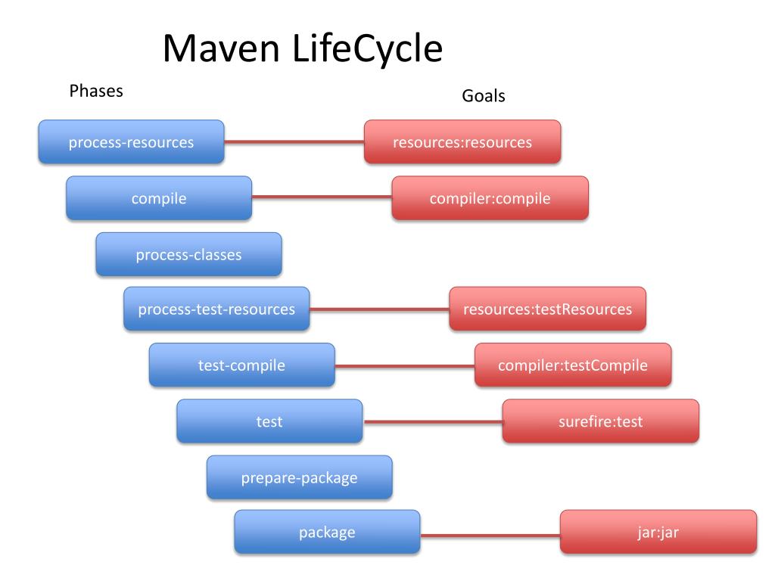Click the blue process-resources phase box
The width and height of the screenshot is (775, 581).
(131, 142)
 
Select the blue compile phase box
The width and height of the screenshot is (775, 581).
(159, 198)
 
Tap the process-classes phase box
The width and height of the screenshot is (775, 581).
(188, 254)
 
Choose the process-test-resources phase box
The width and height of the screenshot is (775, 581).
(216, 309)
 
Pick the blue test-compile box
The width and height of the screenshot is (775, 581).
(241, 365)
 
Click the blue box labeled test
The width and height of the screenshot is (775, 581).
(269, 421)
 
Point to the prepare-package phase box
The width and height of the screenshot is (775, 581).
(299, 477)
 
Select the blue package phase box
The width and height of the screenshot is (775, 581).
(327, 533)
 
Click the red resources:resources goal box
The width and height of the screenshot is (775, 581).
(462, 142)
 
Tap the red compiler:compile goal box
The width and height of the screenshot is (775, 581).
(490, 198)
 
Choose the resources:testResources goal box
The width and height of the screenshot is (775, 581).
(547, 309)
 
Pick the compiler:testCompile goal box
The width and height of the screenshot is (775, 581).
(573, 365)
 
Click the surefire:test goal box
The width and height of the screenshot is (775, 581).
(600, 421)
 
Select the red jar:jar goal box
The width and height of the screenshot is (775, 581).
(658, 533)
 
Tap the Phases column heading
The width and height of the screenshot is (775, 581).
(96, 92)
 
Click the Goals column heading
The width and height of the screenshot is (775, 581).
(483, 97)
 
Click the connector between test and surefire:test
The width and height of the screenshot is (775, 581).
(432, 422)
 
